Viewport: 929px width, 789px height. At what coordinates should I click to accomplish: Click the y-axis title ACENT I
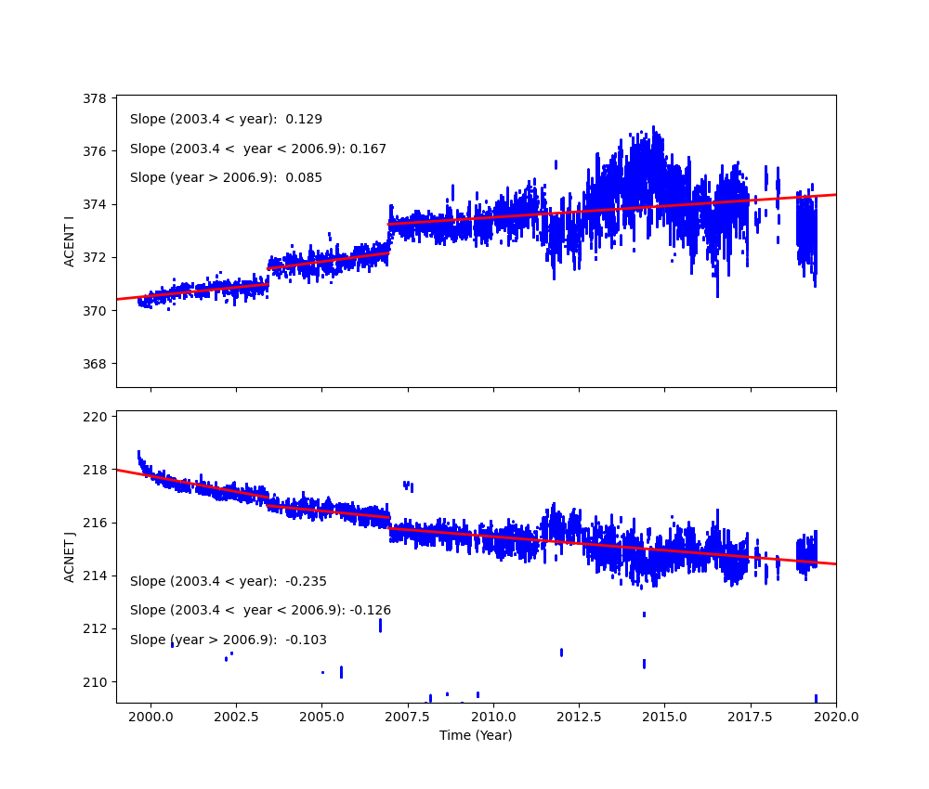pyautogui.click(x=70, y=241)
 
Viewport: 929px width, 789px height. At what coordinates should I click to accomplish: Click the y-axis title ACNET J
pyautogui.click(x=70, y=556)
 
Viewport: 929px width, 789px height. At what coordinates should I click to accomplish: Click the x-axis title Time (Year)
pyautogui.click(x=476, y=735)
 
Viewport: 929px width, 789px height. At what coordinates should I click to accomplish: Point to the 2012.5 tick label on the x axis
pyautogui.click(x=579, y=717)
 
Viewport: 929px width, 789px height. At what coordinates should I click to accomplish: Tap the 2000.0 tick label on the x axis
pyautogui.click(x=150, y=717)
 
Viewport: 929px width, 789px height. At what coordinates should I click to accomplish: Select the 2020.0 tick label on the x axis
pyautogui.click(x=836, y=717)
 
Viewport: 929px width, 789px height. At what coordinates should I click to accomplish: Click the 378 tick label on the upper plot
pyautogui.click(x=96, y=97)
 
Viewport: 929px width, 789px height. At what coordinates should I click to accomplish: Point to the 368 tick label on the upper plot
pyautogui.click(x=96, y=364)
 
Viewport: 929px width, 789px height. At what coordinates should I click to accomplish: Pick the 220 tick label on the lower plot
pyautogui.click(x=96, y=417)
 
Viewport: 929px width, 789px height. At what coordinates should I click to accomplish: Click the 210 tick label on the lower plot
pyautogui.click(x=96, y=682)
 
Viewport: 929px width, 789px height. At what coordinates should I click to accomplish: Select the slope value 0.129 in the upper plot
pyautogui.click(x=304, y=120)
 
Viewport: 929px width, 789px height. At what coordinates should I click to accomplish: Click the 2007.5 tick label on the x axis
pyautogui.click(x=408, y=717)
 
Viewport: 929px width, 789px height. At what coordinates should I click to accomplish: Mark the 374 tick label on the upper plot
pyautogui.click(x=96, y=204)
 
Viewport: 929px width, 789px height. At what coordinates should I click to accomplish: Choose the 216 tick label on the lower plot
pyautogui.click(x=96, y=524)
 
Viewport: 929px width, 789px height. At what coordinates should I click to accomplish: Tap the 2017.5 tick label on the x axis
pyautogui.click(x=751, y=717)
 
